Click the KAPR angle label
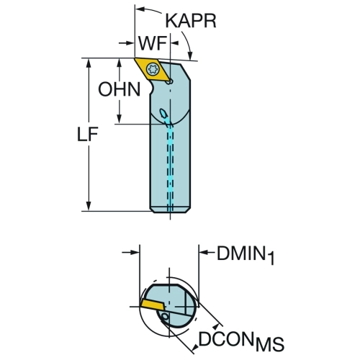point(191,21)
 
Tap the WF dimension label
point(153,43)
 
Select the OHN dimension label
point(120,89)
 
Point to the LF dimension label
point(87,134)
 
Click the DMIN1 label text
point(246,255)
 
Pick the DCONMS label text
point(241,341)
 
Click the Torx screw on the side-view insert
point(153,68)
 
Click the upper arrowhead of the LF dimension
point(89,63)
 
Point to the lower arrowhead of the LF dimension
point(89,206)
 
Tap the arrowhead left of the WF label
point(129,43)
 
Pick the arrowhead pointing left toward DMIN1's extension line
point(204,252)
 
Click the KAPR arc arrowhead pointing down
point(191,55)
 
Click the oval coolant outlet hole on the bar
point(164,113)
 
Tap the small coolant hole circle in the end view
point(165,317)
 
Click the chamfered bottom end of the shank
point(170,210)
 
